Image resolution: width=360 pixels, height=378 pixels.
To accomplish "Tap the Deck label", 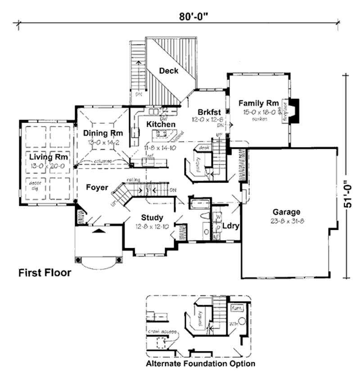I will point(169,71).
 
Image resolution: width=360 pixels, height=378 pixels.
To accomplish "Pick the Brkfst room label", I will point(208,112).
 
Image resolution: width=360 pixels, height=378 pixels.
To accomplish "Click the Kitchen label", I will point(161,124).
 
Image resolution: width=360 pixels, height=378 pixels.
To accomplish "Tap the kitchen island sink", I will point(162,133).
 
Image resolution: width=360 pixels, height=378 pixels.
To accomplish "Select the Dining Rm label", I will point(103,133).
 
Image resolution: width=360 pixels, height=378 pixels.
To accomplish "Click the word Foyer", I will point(97,187).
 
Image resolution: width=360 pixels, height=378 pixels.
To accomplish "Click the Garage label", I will point(286,212).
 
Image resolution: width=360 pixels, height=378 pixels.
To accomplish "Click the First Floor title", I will point(44,272).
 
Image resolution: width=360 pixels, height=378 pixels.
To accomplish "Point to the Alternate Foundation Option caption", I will point(200,363).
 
